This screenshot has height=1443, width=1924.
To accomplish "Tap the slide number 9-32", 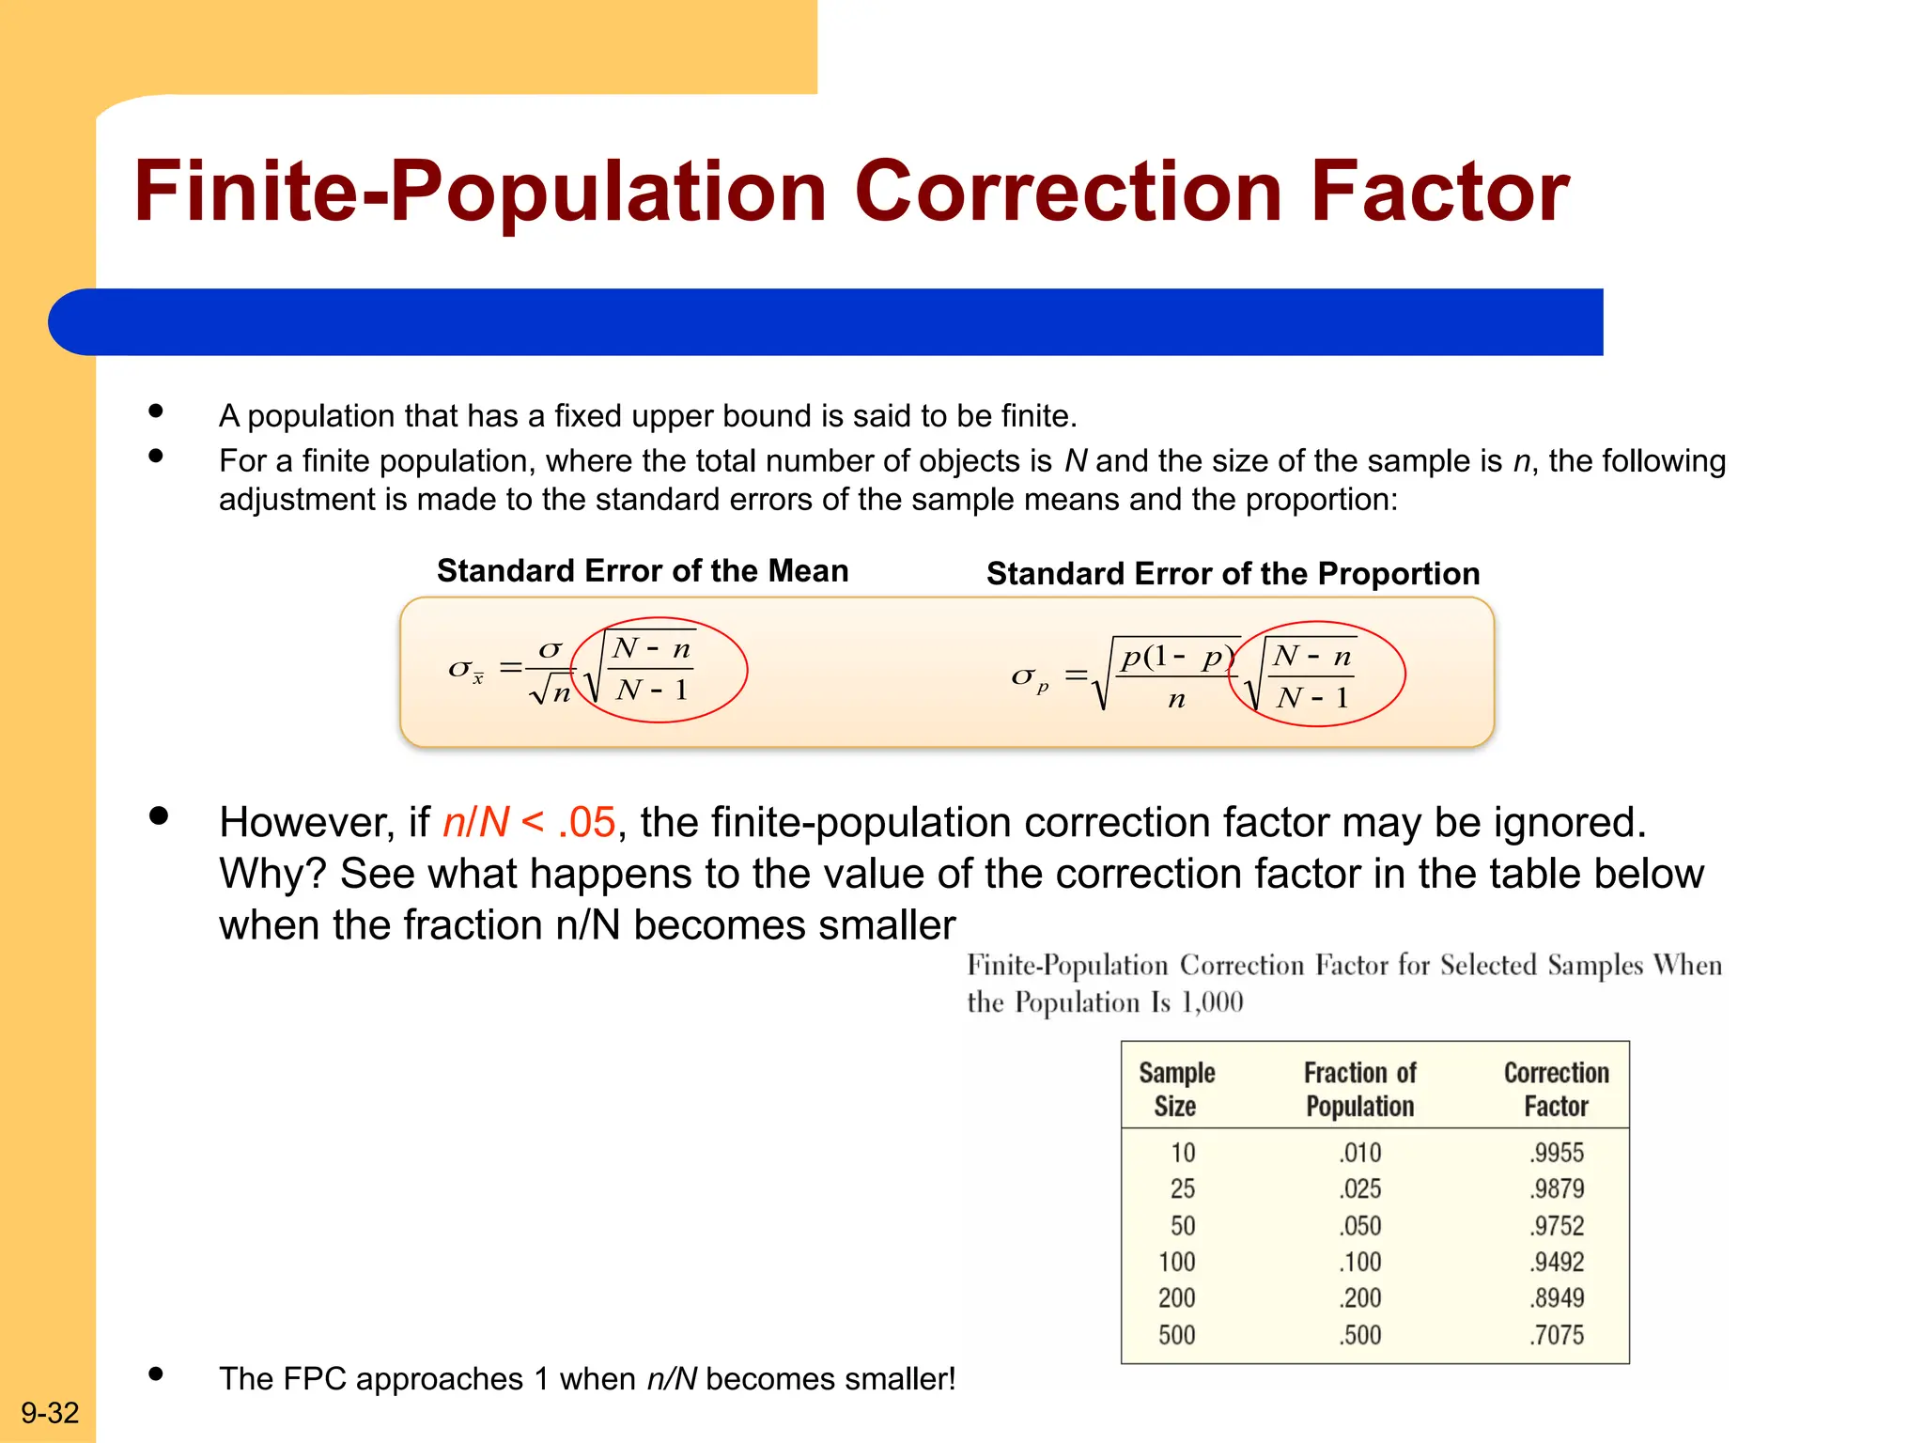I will pyautogui.click(x=50, y=1412).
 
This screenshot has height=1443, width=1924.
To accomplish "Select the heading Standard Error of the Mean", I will pyautogui.click(x=643, y=571).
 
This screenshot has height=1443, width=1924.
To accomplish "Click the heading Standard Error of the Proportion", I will pyautogui.click(x=1233, y=574).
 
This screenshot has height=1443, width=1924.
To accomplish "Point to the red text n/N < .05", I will pyautogui.click(x=529, y=822).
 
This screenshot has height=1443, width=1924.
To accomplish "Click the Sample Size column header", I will pyautogui.click(x=1176, y=1089).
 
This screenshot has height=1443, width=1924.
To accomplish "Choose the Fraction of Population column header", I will pyautogui.click(x=1359, y=1089).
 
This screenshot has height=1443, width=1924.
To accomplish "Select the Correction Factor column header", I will pyautogui.click(x=1556, y=1089).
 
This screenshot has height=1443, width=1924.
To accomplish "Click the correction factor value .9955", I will pyautogui.click(x=1557, y=1153).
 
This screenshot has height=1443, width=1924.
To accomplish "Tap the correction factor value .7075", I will pyautogui.click(x=1557, y=1335).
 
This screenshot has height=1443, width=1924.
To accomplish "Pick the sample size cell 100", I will pyautogui.click(x=1176, y=1262).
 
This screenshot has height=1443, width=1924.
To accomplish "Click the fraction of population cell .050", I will pyautogui.click(x=1360, y=1226).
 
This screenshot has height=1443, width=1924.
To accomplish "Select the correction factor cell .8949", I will pyautogui.click(x=1557, y=1298).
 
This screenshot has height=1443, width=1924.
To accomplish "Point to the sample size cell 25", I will pyautogui.click(x=1182, y=1189).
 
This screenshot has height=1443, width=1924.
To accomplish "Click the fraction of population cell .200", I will pyautogui.click(x=1360, y=1298).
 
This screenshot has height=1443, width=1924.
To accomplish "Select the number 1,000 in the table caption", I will pyautogui.click(x=1212, y=1002).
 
